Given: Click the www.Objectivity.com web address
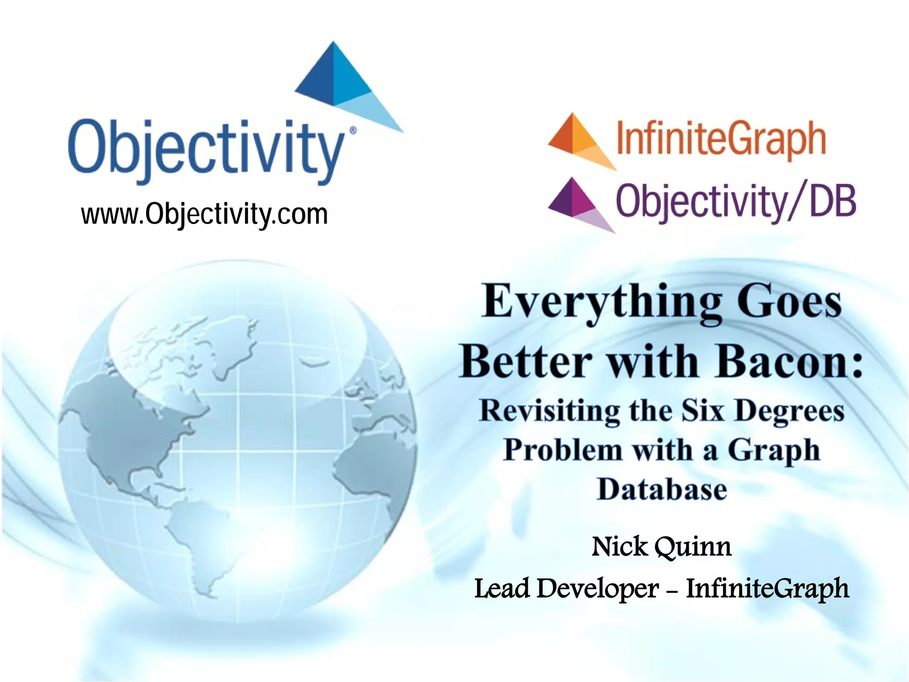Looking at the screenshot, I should [x=204, y=214].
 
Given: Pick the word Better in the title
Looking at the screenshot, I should [x=526, y=362].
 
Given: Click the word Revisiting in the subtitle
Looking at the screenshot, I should [x=549, y=411].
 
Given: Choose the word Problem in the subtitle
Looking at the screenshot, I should [x=563, y=450].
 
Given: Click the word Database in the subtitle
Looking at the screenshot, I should [x=662, y=489].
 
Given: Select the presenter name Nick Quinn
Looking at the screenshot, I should [x=661, y=547].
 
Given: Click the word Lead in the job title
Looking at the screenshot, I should [x=502, y=588].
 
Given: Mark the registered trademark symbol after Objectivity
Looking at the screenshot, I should [x=353, y=131].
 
